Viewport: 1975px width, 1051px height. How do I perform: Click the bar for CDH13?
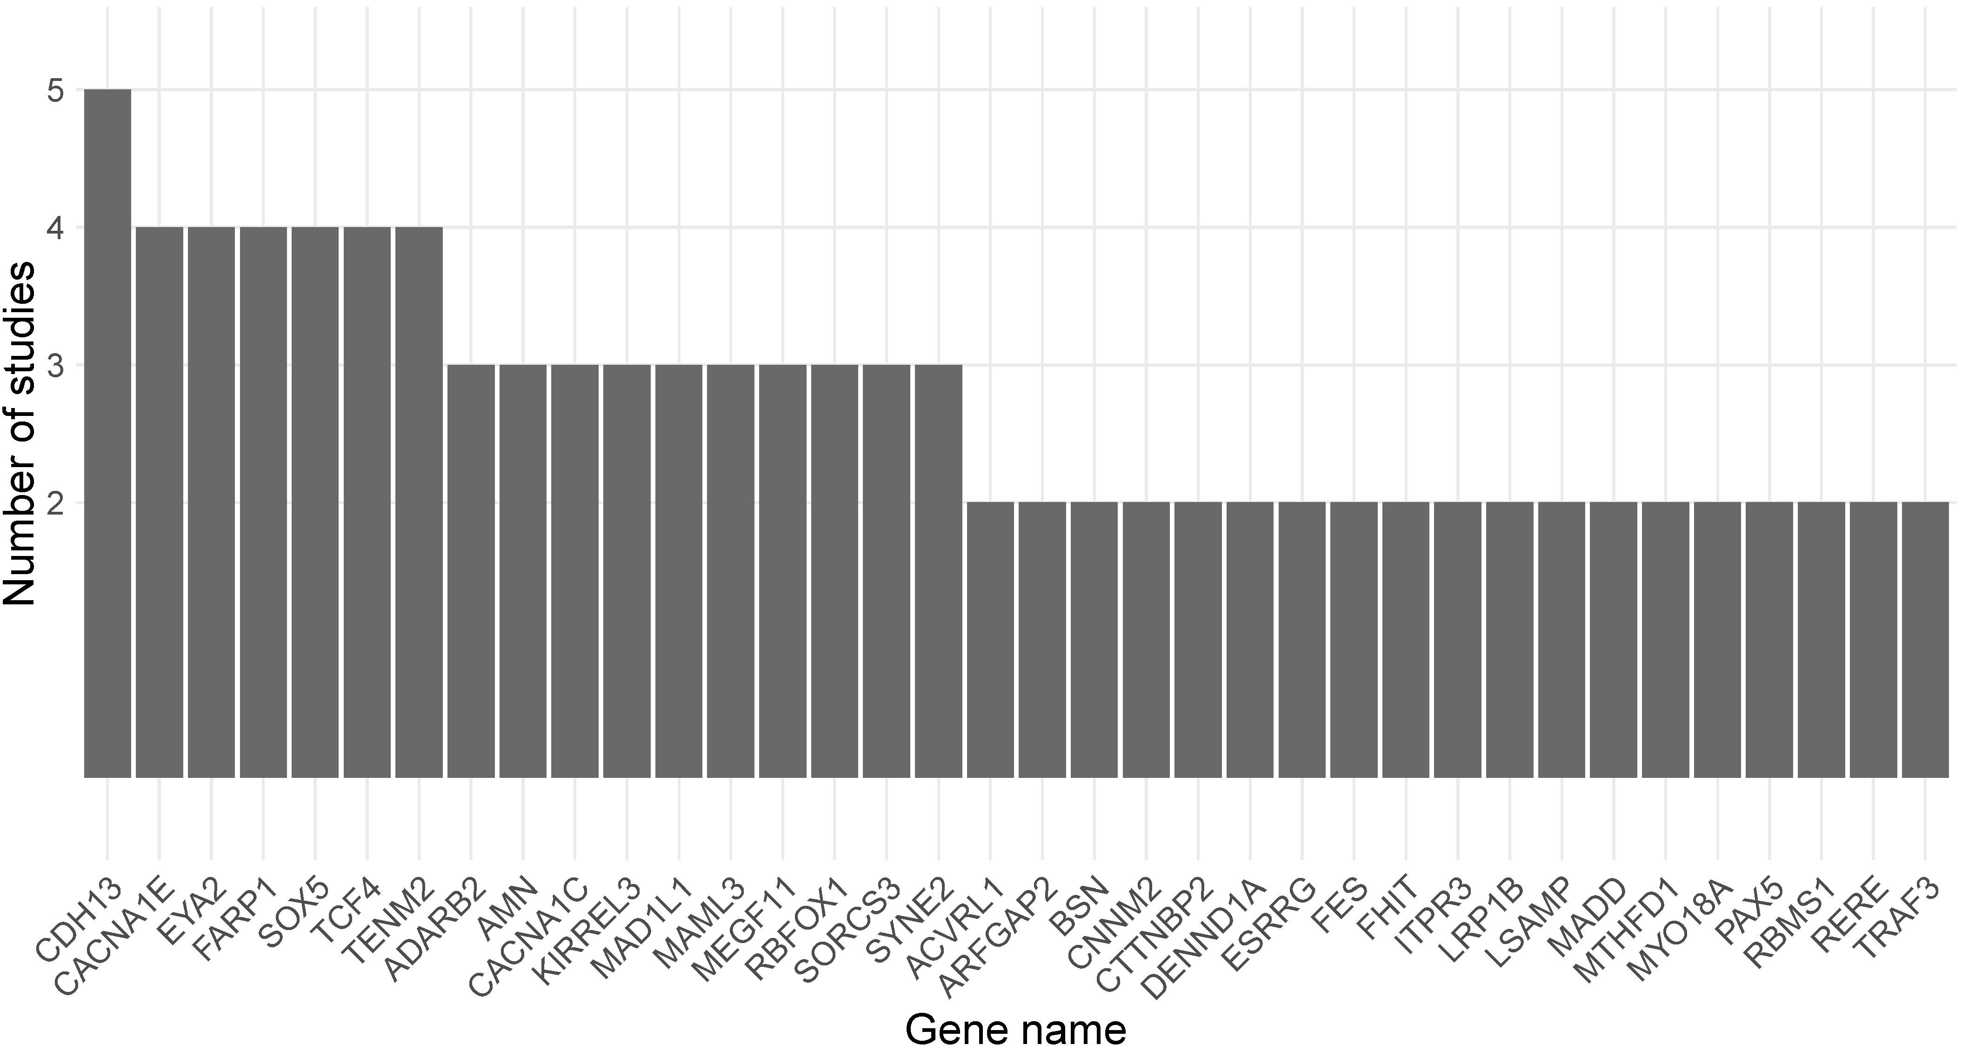click(107, 433)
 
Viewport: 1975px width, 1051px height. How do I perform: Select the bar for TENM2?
click(420, 502)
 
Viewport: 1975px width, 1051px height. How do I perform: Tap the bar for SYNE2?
click(939, 571)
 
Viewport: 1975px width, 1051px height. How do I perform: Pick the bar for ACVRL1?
click(991, 640)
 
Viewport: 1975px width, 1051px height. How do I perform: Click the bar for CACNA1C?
click(575, 571)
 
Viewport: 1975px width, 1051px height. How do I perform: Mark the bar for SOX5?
click(315, 502)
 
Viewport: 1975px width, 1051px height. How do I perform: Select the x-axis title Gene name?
click(1016, 1029)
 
